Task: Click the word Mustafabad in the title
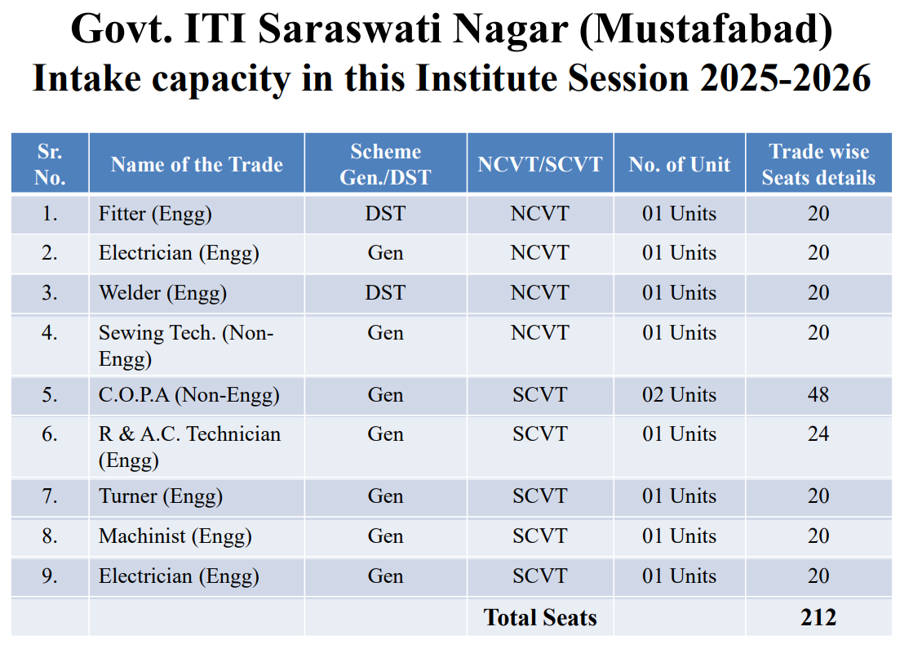pyautogui.click(x=706, y=29)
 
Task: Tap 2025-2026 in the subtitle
pyautogui.click(x=785, y=78)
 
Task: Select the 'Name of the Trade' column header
pyautogui.click(x=197, y=165)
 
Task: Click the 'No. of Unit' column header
pyautogui.click(x=680, y=165)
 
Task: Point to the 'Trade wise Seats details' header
pyautogui.click(x=818, y=164)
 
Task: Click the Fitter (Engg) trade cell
pyautogui.click(x=155, y=214)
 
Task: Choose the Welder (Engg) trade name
pyautogui.click(x=162, y=293)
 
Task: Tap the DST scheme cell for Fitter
pyautogui.click(x=385, y=214)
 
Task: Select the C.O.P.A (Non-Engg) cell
pyautogui.click(x=188, y=395)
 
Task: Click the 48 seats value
pyautogui.click(x=818, y=395)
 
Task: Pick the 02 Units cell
pyautogui.click(x=680, y=395)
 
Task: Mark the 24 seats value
pyautogui.click(x=818, y=434)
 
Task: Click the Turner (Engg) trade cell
pyautogui.click(x=160, y=496)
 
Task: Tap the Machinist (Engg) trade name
pyautogui.click(x=175, y=536)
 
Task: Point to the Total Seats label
pyautogui.click(x=540, y=618)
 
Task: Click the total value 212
pyautogui.click(x=818, y=618)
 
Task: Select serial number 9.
pyautogui.click(x=49, y=576)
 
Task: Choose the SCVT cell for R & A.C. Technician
pyautogui.click(x=540, y=434)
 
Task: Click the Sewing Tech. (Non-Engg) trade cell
pyautogui.click(x=186, y=346)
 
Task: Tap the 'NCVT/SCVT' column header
pyautogui.click(x=540, y=165)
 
